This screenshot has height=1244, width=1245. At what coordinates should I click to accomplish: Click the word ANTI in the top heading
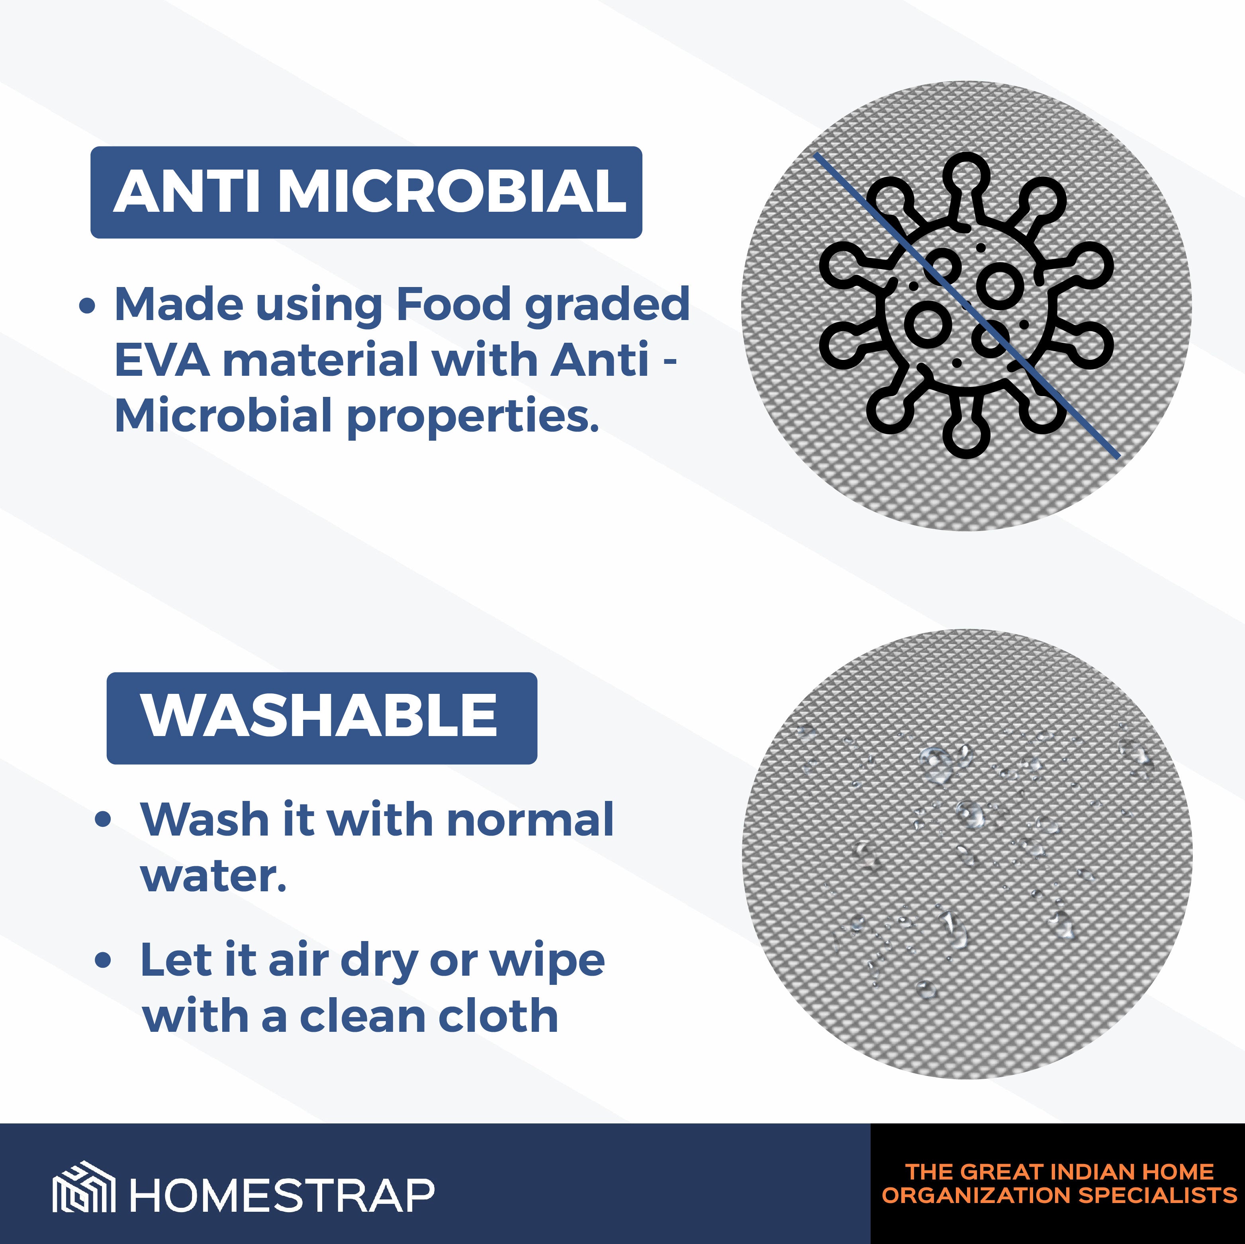coord(187,191)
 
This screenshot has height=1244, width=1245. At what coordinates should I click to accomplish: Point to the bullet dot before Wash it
coord(103,820)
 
